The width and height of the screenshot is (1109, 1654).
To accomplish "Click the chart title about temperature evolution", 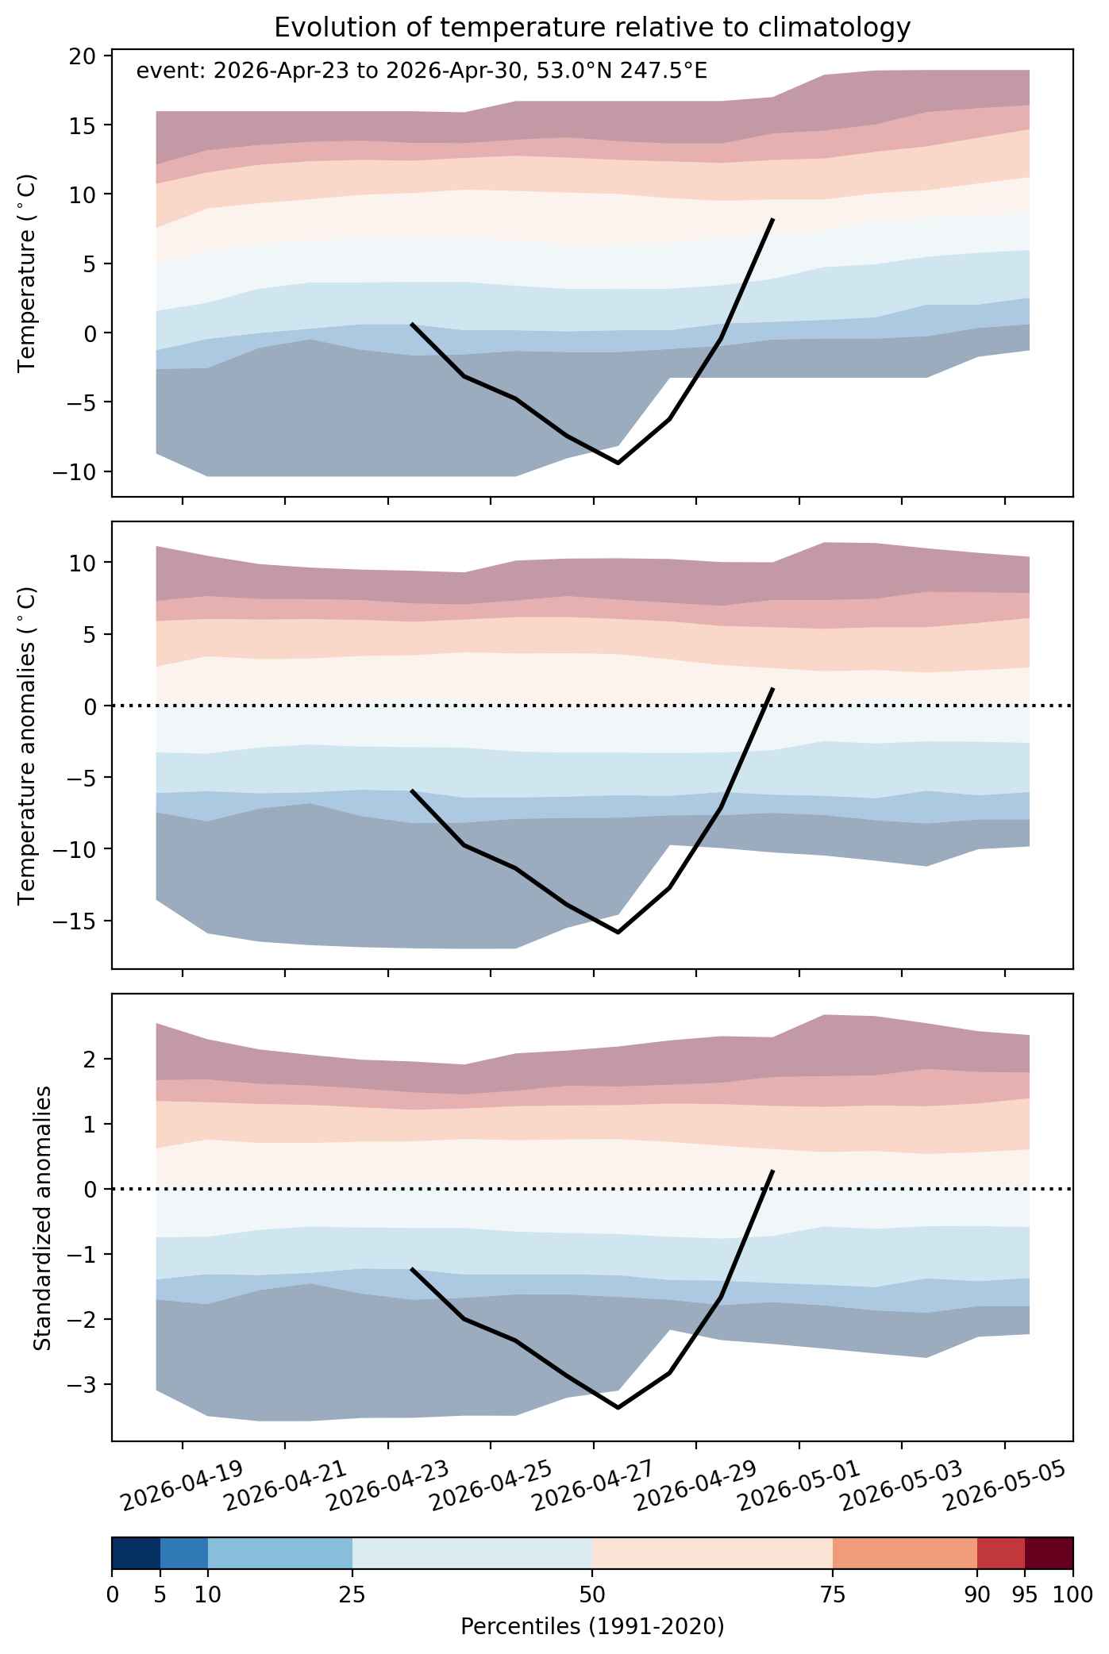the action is pos(591,28).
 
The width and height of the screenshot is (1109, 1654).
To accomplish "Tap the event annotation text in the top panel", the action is pos(422,71).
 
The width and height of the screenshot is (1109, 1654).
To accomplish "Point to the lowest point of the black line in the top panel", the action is pos(618,463).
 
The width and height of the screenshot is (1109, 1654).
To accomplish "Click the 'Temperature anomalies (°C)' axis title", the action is pos(28,744).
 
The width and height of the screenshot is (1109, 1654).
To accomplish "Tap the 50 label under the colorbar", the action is pos(592,1594).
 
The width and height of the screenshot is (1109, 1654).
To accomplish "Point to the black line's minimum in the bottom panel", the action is pos(618,1408).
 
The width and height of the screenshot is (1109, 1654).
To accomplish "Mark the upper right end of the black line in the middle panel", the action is pos(772,689).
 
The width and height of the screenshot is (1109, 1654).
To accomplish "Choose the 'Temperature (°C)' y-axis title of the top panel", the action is pos(28,272).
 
